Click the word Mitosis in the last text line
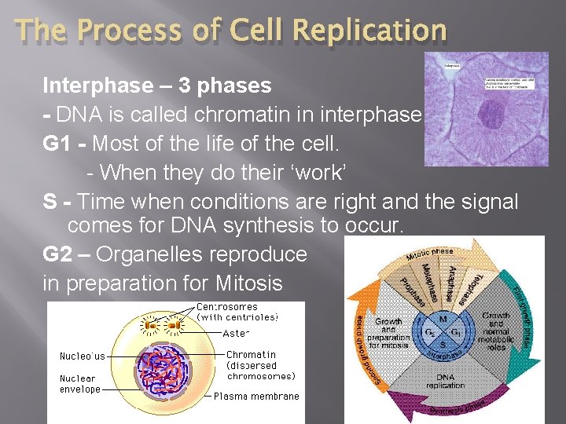click(253, 283)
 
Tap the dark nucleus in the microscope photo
click(493, 118)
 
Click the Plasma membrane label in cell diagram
click(256, 397)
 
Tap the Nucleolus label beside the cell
click(82, 356)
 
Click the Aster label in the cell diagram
click(236, 333)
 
